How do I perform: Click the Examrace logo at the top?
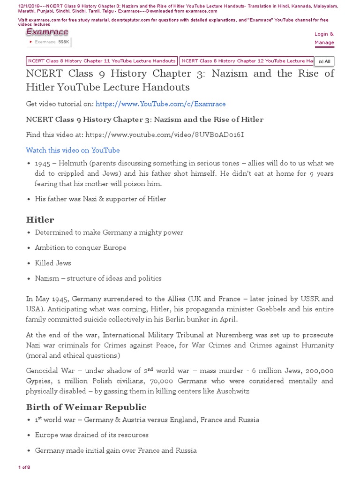coord(47,32)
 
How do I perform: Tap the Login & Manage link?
coord(324,38)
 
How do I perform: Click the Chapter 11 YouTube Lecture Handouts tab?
coord(102,61)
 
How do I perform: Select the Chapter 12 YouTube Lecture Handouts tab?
coord(247,61)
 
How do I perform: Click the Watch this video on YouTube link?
coord(73,150)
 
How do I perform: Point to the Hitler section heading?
coord(40,219)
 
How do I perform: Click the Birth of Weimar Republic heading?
coord(86,407)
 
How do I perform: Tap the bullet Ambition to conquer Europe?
coord(80,247)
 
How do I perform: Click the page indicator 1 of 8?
coord(24,467)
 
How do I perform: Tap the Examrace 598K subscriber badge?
coord(49,42)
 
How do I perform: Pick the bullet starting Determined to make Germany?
coord(109,232)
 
